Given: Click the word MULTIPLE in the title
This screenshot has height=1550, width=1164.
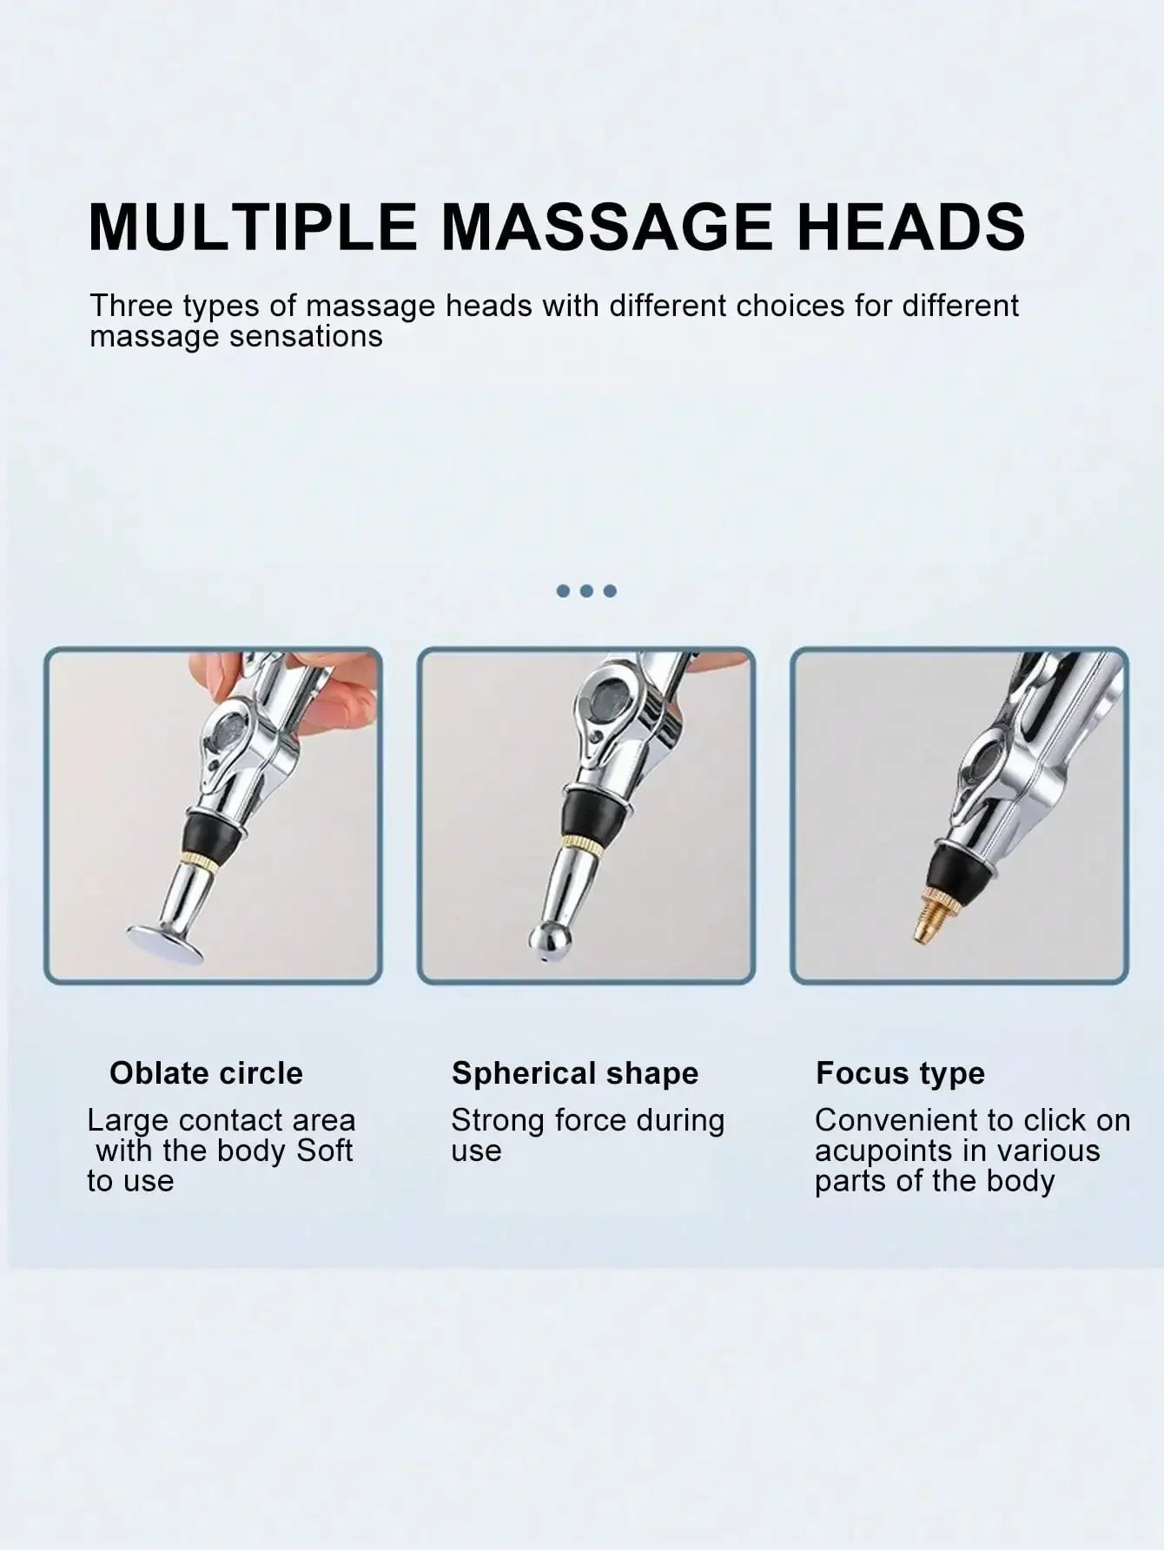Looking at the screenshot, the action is click(253, 227).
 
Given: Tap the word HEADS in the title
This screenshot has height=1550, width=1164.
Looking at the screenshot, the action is click(910, 227).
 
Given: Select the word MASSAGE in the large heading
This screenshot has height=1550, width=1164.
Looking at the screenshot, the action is click(606, 227).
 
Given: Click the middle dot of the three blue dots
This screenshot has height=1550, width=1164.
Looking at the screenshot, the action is click(586, 591).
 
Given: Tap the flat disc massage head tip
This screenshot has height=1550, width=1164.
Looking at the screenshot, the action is click(165, 944).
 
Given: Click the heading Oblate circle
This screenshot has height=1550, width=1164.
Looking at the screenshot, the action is click(206, 1073).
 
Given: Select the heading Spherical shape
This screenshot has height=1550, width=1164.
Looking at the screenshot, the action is click(575, 1074).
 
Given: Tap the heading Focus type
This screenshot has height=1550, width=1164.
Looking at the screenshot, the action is click(900, 1074).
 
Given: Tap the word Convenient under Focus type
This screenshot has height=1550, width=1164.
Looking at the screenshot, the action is click(903, 1120).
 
